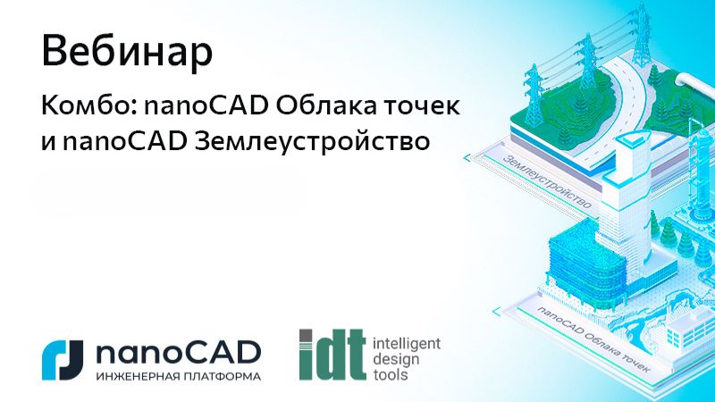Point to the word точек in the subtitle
tap(424, 107)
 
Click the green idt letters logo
tap(332, 356)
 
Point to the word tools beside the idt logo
tap(386, 375)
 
